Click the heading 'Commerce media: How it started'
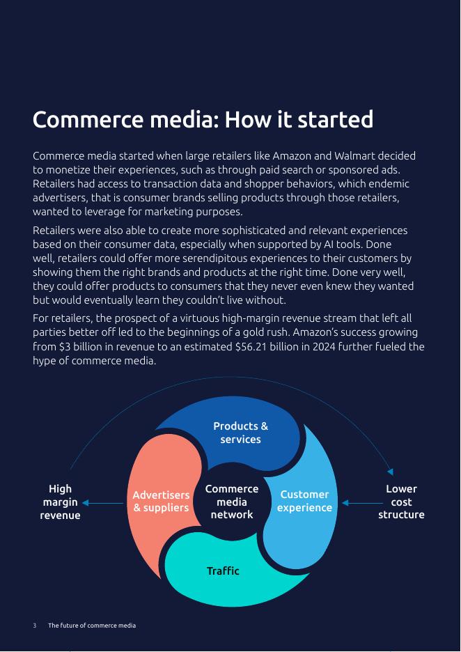pyautogui.click(x=203, y=120)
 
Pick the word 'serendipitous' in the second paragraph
pyautogui.click(x=197, y=258)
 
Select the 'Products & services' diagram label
pyautogui.click(x=240, y=433)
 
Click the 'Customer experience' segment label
pyautogui.click(x=304, y=501)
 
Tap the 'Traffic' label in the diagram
pyautogui.click(x=223, y=571)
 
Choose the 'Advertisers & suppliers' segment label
pyautogui.click(x=161, y=501)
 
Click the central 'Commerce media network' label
pyautogui.click(x=232, y=502)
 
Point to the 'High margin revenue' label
pyautogui.click(x=61, y=502)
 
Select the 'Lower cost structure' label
pyautogui.click(x=401, y=502)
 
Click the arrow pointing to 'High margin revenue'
pyautogui.click(x=102, y=503)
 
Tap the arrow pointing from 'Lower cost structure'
pyautogui.click(x=362, y=503)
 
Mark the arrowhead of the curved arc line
pyautogui.click(x=391, y=472)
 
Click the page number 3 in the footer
pyautogui.click(x=35, y=626)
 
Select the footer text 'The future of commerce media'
pyautogui.click(x=92, y=626)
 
